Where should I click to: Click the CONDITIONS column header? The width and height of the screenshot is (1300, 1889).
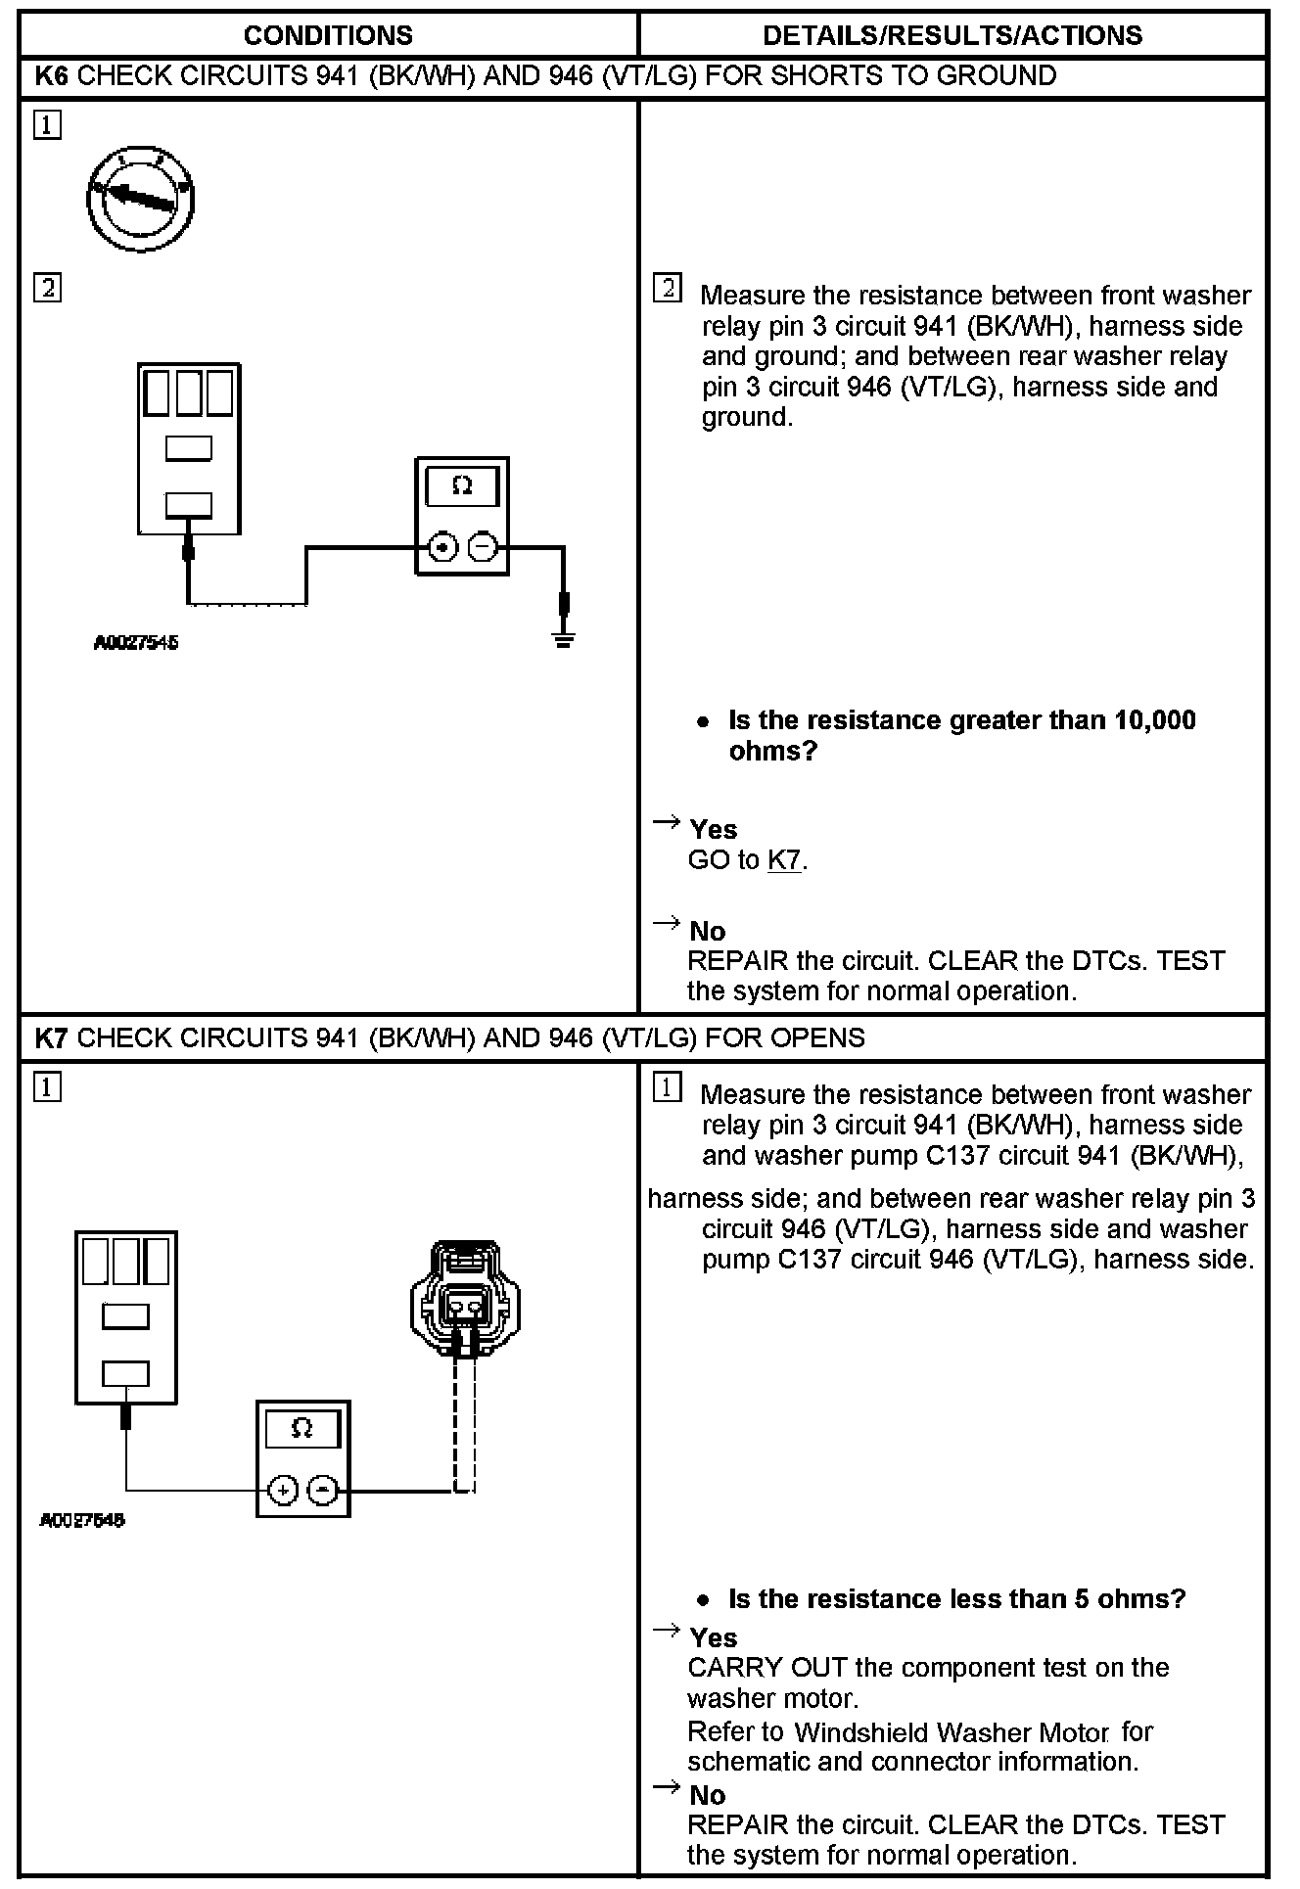tap(328, 36)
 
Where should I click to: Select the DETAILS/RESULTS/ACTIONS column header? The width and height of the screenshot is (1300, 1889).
tap(952, 36)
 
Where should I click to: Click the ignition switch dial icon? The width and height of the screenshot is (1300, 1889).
tap(139, 198)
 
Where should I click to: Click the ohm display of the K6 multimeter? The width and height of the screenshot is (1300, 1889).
tap(462, 486)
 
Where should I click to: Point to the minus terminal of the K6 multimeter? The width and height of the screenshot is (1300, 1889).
tap(482, 547)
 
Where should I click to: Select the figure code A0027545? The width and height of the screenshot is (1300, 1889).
tap(136, 643)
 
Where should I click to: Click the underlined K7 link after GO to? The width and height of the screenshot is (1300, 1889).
tap(784, 860)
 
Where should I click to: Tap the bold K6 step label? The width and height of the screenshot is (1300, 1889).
tap(51, 76)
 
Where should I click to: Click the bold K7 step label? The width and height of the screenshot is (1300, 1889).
tap(51, 1037)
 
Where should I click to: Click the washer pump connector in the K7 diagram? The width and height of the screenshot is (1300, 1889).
tap(465, 1298)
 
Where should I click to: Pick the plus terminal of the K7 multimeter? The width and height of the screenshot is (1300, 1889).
tap(282, 1490)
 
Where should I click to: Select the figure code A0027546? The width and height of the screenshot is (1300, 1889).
tap(82, 1520)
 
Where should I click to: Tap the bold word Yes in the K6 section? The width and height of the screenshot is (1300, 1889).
tap(713, 830)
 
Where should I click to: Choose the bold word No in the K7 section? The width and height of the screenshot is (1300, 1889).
tap(707, 1795)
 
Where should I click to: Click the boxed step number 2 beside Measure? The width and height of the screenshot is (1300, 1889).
tap(668, 289)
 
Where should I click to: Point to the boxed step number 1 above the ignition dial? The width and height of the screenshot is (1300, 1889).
tap(47, 126)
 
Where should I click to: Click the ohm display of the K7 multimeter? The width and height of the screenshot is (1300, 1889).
tap(302, 1428)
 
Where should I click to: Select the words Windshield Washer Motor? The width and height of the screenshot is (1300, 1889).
tap(951, 1732)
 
